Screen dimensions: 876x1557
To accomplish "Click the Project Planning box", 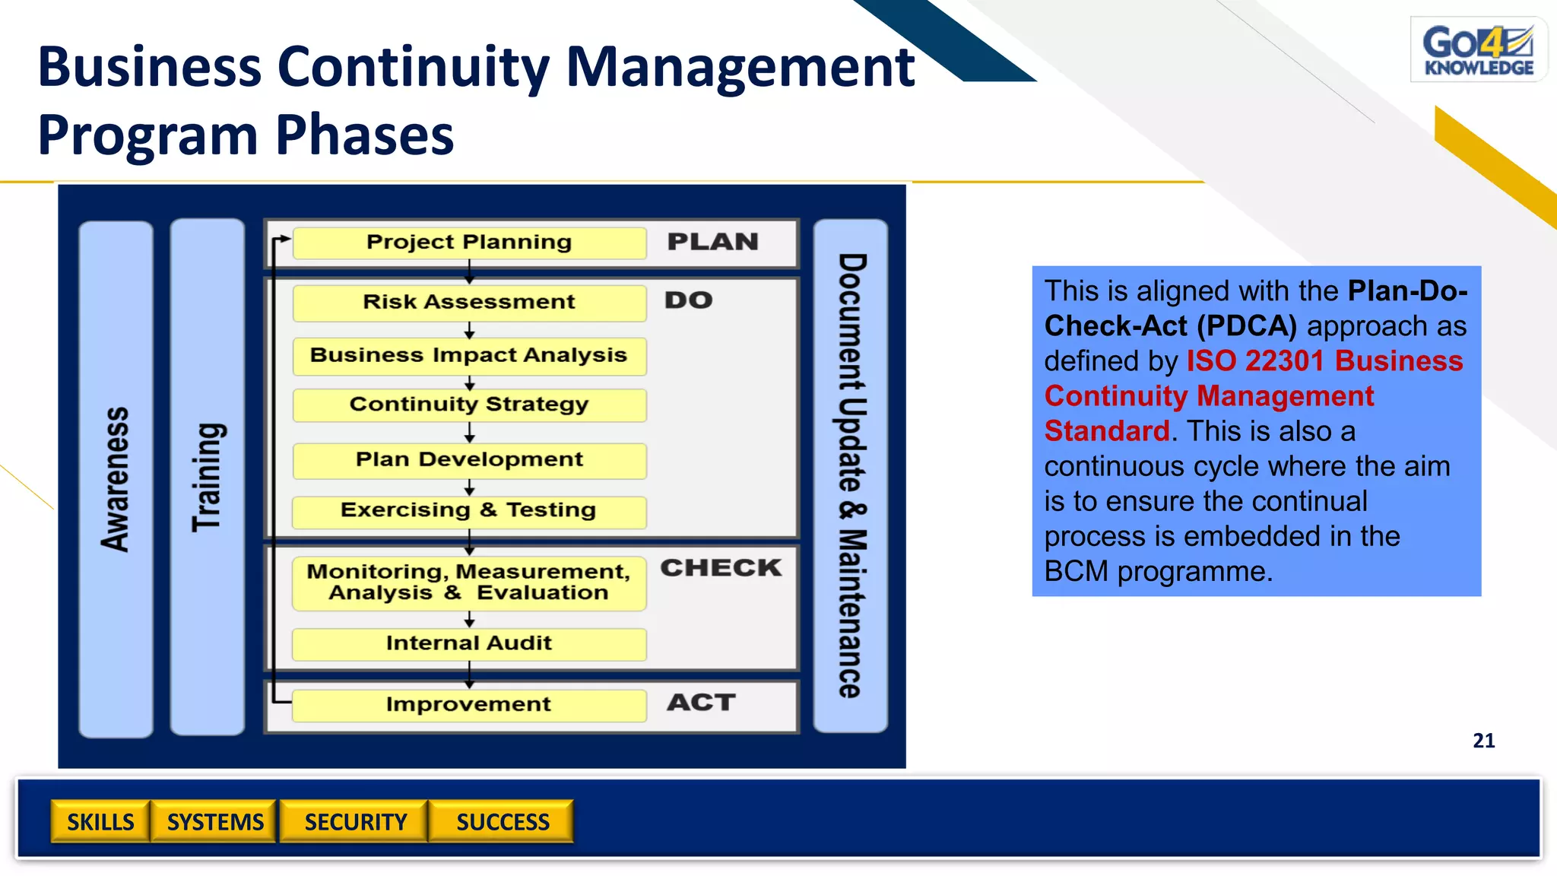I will pyautogui.click(x=469, y=243).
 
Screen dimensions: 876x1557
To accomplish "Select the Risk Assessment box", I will pyautogui.click(x=469, y=303).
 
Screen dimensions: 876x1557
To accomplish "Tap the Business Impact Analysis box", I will pyautogui.click(x=469, y=356).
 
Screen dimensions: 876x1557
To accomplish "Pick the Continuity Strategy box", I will pyautogui.click(x=469, y=405).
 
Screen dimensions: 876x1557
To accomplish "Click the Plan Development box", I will pyautogui.click(x=469, y=460).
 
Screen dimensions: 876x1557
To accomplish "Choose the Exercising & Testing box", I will pyautogui.click(x=469, y=511).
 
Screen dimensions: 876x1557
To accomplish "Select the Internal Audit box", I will pyautogui.click(x=469, y=643).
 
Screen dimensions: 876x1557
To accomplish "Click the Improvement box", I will pyautogui.click(x=469, y=705).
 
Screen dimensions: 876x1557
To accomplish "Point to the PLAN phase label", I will pyautogui.click(x=712, y=242).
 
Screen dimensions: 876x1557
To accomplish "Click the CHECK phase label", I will pyautogui.click(x=720, y=568).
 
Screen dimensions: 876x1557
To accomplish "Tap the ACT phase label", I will pyautogui.click(x=701, y=703).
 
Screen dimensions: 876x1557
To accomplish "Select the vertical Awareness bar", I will pyautogui.click(x=116, y=479).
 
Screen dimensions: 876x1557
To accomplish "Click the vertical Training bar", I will pyautogui.click(x=207, y=477).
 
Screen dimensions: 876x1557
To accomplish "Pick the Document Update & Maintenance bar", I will pyautogui.click(x=851, y=476).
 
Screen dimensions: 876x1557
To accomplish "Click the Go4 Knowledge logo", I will pyautogui.click(x=1478, y=49).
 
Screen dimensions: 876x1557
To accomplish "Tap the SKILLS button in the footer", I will pyautogui.click(x=100, y=822).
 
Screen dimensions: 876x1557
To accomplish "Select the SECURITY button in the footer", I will pyautogui.click(x=355, y=822).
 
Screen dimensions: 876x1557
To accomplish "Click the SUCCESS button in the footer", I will pyautogui.click(x=502, y=822).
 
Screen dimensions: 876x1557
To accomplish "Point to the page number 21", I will pyautogui.click(x=1483, y=741).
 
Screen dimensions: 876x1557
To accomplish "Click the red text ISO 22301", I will pyautogui.click(x=1254, y=361).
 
